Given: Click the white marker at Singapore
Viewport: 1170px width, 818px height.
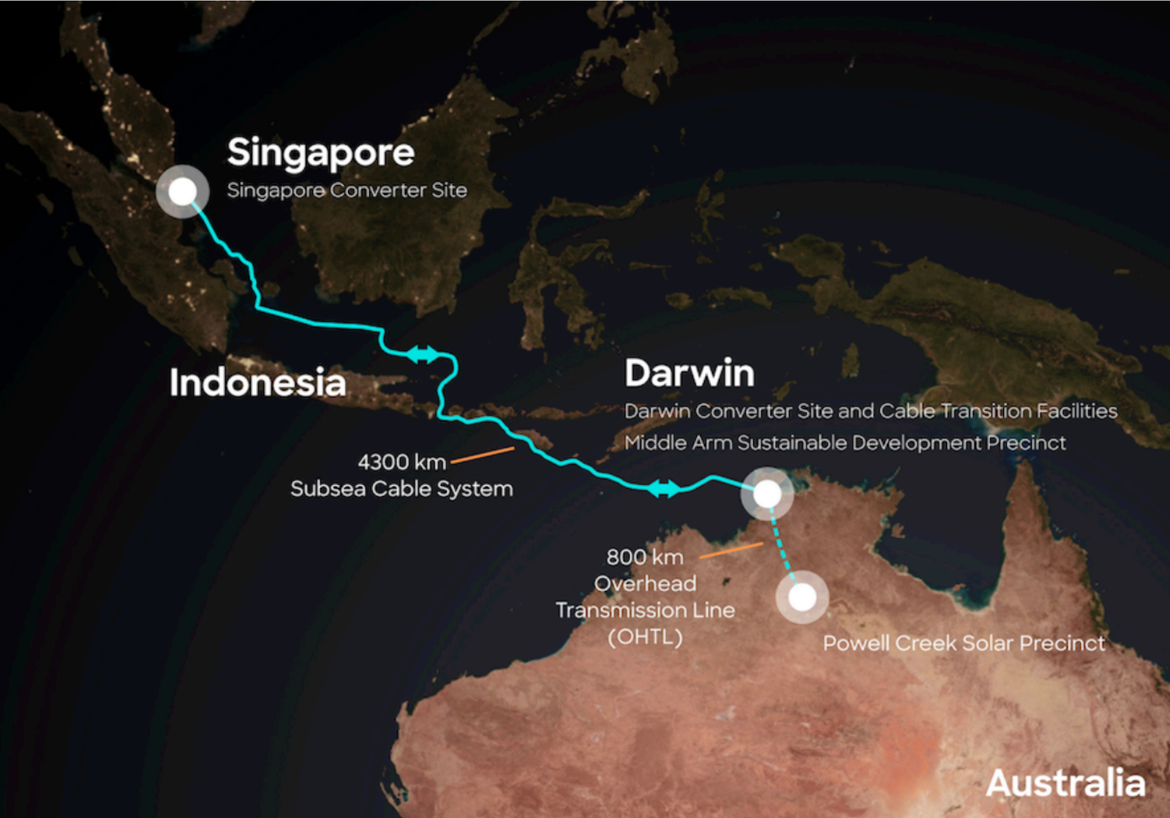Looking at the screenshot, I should point(183,192).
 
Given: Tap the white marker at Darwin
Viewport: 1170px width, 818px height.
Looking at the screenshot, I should point(767,494).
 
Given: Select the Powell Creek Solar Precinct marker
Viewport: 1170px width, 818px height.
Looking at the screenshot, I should point(802,597).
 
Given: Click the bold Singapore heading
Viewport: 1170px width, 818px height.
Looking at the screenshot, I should point(320,153).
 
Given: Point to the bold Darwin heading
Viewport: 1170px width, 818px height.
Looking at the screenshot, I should point(689,373).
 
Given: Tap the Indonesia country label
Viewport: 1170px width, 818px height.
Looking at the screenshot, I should point(257,383).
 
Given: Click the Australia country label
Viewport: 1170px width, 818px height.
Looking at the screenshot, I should point(1065,784).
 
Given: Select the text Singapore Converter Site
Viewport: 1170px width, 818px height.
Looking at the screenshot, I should point(347,190).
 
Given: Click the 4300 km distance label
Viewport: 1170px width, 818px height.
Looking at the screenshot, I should point(401,462).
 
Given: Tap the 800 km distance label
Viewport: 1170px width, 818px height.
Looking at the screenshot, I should point(645,558).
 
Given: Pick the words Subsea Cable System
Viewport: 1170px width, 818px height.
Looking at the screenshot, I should point(401,489).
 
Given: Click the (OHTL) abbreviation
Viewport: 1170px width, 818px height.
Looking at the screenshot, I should point(645,637).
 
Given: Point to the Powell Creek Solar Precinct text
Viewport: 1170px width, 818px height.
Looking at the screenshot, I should point(964,643).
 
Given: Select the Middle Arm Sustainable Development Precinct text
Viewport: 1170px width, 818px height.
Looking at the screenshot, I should point(845,443).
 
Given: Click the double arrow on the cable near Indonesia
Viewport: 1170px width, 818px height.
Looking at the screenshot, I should point(423,355).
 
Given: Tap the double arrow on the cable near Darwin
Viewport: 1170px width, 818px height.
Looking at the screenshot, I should point(664,488).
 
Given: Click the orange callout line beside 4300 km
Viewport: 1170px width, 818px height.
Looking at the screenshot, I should point(483,455).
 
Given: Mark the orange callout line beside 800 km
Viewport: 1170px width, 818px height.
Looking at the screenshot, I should point(731,550).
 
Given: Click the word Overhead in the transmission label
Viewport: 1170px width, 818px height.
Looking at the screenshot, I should point(645,584).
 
